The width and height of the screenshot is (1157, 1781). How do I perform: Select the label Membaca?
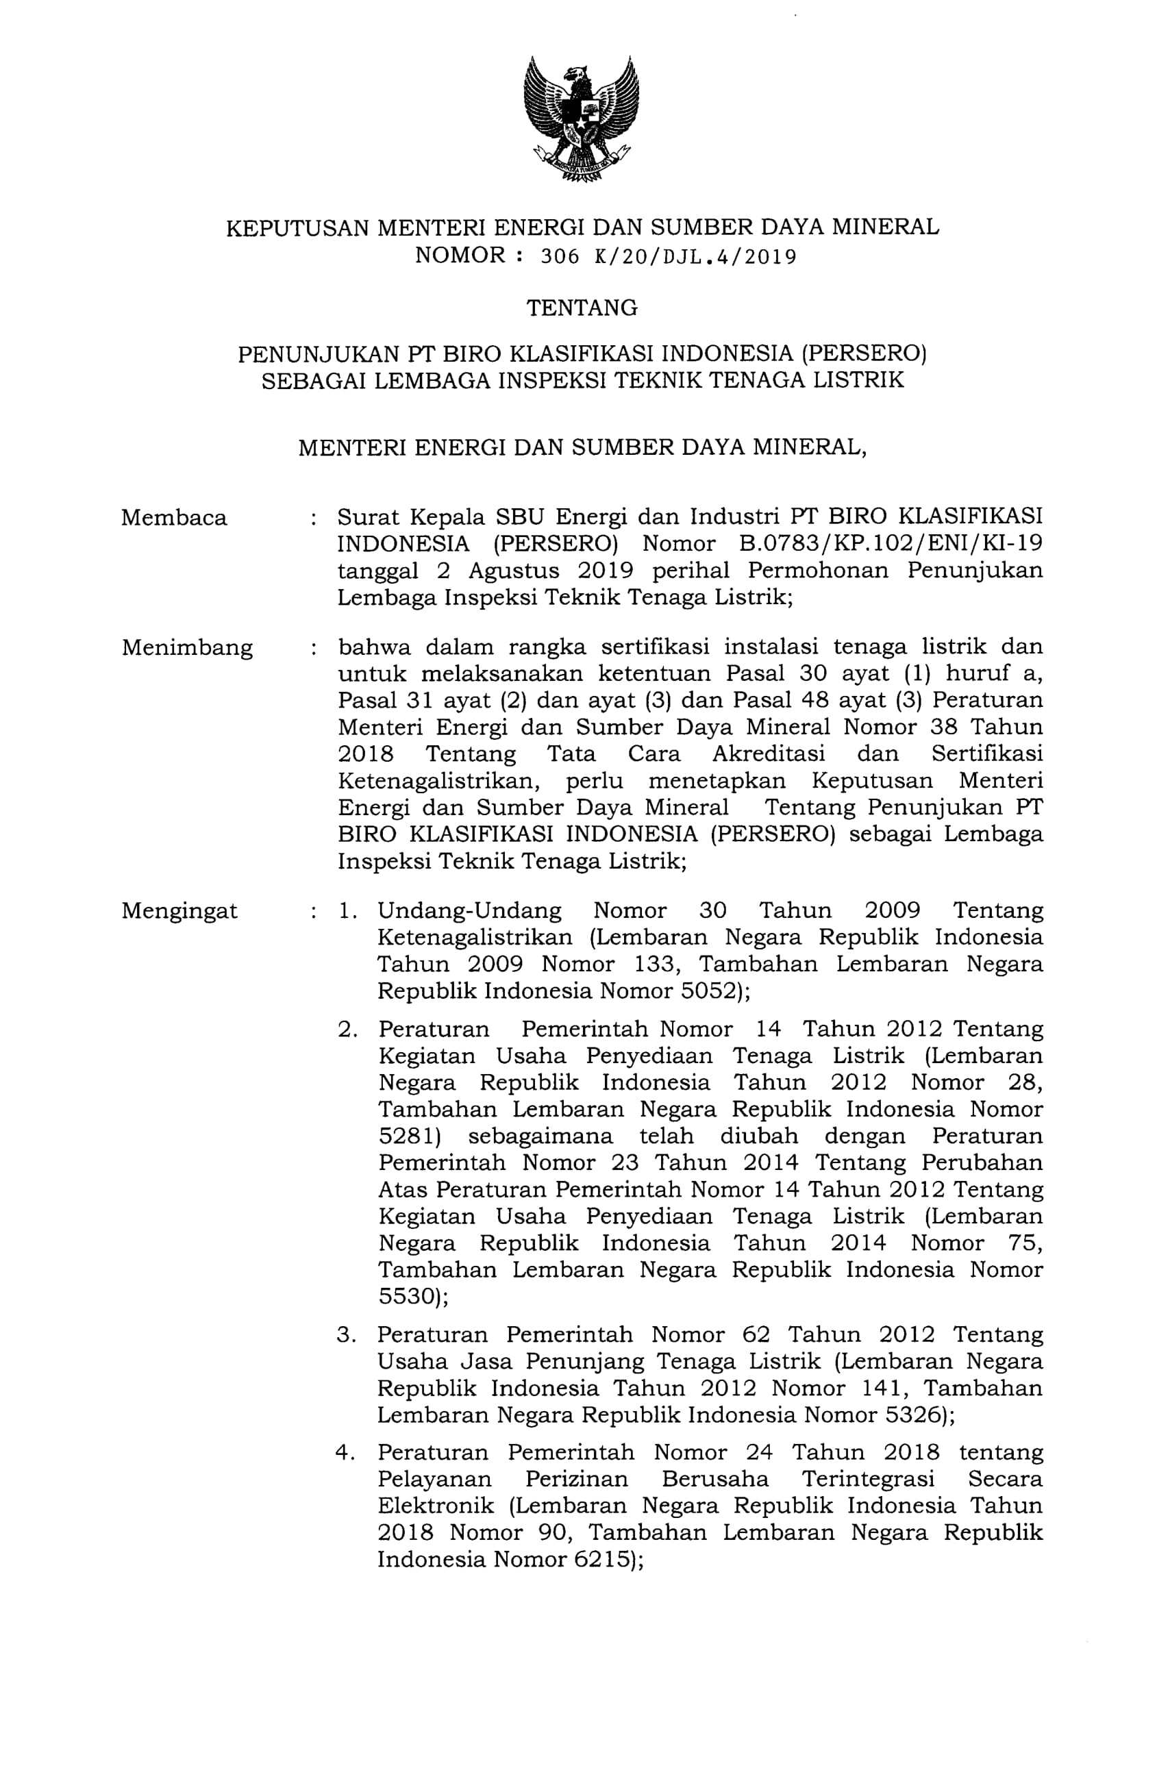(173, 518)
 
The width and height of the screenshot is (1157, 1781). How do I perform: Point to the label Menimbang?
(187, 647)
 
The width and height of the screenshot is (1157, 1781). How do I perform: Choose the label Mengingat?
(179, 910)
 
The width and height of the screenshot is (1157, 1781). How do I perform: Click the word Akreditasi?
(768, 753)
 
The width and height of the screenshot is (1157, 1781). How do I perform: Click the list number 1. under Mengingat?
(348, 910)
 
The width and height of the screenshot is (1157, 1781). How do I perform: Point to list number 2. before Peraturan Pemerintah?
(348, 1030)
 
